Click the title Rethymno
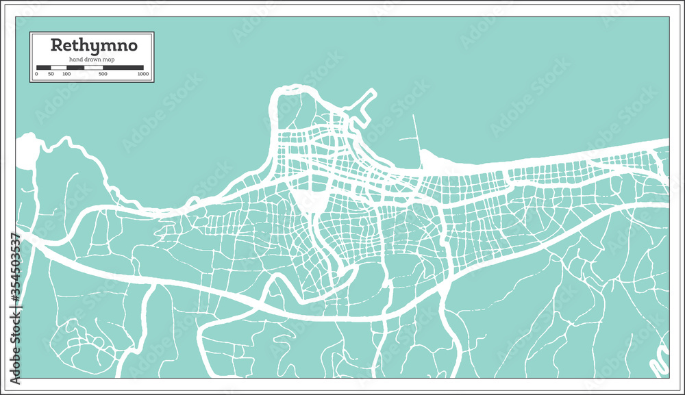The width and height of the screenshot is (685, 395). coord(93,46)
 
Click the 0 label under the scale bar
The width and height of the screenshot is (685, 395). coord(36,73)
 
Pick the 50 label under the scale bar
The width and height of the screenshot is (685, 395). coord(51,73)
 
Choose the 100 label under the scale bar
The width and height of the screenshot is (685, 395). coord(66,73)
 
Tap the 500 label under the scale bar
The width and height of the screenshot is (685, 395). coord(103,73)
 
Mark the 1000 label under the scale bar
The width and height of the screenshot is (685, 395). coord(142,73)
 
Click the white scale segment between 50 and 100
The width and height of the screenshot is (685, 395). coord(59,67)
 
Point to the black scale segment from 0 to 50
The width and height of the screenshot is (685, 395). coord(44,67)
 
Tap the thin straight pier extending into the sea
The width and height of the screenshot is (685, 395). coord(415,133)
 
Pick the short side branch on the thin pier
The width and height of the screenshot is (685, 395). coord(408,139)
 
